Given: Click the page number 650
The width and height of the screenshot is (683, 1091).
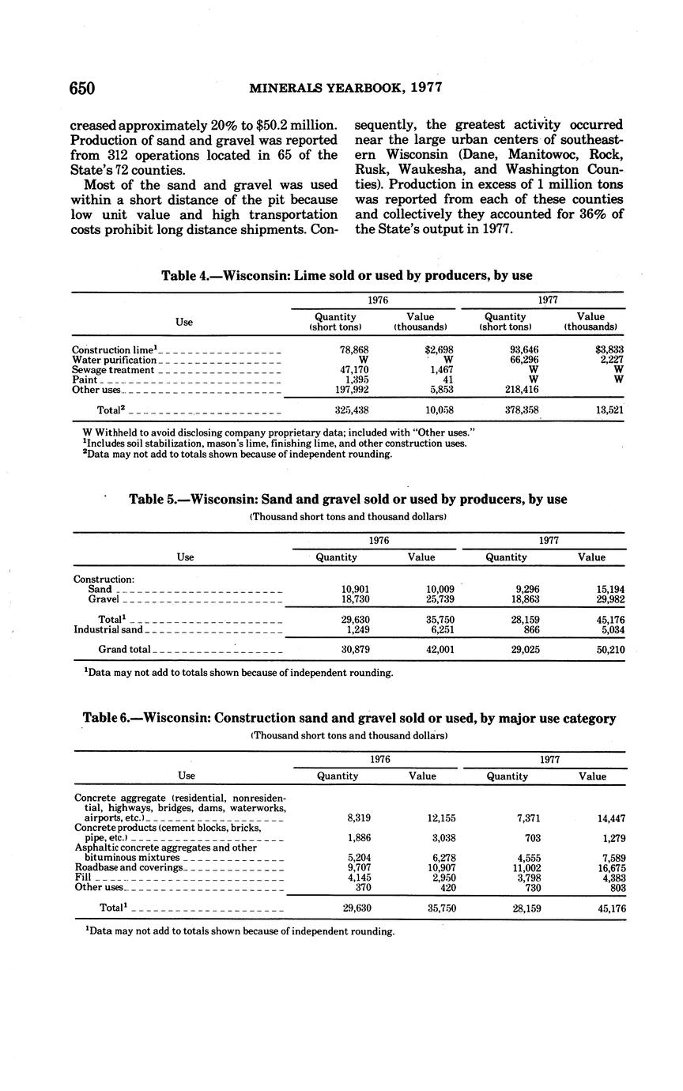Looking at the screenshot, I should click(x=82, y=89).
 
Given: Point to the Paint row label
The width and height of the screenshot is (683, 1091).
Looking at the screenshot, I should click(x=83, y=380).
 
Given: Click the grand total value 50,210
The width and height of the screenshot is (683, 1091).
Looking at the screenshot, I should click(x=609, y=650).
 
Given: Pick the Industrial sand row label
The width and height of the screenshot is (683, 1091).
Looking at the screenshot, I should click(x=108, y=630).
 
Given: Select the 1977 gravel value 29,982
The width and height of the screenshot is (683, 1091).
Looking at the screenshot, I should click(x=609, y=600).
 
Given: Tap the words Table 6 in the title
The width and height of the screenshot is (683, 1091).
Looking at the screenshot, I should click(x=107, y=719).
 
